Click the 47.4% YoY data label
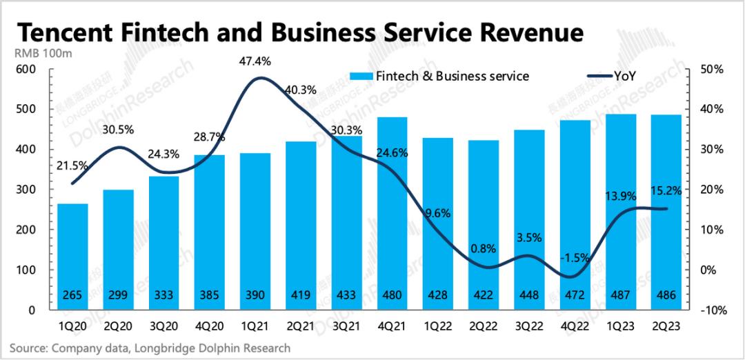[x=255, y=61]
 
